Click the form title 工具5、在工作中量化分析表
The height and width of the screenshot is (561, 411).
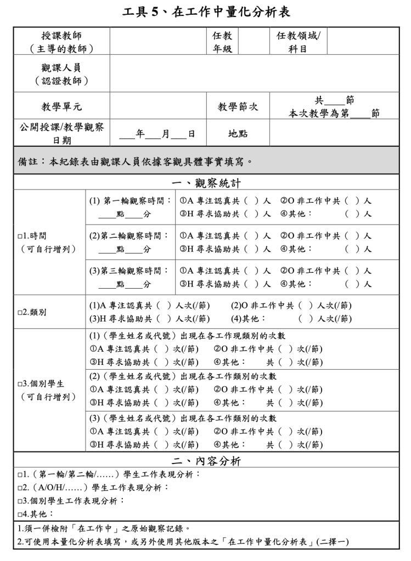pyautogui.click(x=205, y=12)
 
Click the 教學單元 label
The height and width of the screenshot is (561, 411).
pyautogui.click(x=61, y=106)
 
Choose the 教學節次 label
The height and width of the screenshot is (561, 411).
pyautogui.click(x=238, y=106)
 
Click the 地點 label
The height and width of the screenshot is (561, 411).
pyautogui.click(x=238, y=134)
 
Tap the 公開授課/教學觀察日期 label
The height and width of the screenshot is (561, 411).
pyautogui.click(x=61, y=134)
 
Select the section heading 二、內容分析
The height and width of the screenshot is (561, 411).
pyautogui.click(x=205, y=461)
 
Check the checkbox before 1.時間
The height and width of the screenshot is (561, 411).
pyautogui.click(x=20, y=237)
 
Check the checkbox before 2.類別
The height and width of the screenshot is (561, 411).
pyautogui.click(x=20, y=312)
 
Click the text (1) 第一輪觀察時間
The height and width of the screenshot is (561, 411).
pyautogui.click(x=130, y=201)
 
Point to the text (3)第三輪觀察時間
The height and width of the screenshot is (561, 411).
pyautogui.click(x=130, y=271)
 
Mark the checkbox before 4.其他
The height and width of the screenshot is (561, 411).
pyautogui.click(x=20, y=514)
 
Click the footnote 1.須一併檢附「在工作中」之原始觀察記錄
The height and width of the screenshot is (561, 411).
pyautogui.click(x=104, y=529)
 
